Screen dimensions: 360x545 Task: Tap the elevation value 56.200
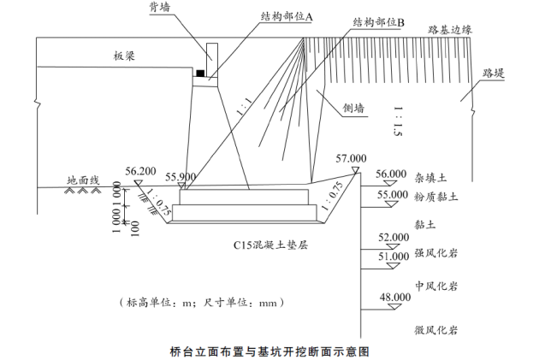140,170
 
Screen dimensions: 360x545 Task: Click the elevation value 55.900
182,176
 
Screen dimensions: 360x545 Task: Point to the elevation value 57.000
351,158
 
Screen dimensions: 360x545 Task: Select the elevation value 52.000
394,237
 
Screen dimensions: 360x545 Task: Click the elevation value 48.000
394,297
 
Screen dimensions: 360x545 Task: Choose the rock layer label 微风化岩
436,329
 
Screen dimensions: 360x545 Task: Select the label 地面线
84,181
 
